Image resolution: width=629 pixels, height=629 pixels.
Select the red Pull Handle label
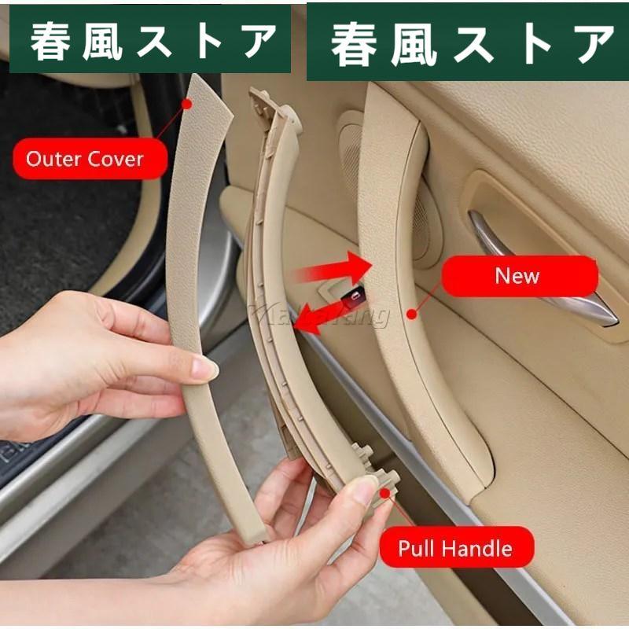tap(456, 547)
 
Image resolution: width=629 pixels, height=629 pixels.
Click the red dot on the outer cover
tap(187, 103)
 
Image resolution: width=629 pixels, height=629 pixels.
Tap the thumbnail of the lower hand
tap(364, 490)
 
